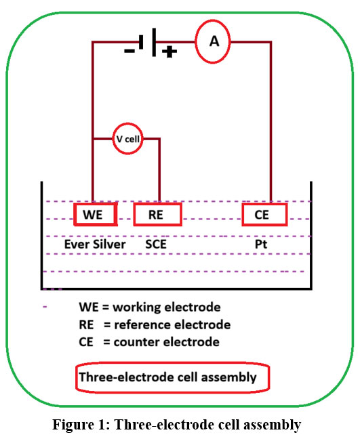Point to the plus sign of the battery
(x=169, y=51)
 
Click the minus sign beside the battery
(x=129, y=51)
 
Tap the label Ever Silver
(x=95, y=244)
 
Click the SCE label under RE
(x=156, y=244)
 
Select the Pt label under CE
(x=261, y=244)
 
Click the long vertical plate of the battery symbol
(x=154, y=42)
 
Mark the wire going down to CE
(x=271, y=122)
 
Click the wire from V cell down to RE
(x=159, y=170)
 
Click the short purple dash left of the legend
(x=45, y=307)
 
